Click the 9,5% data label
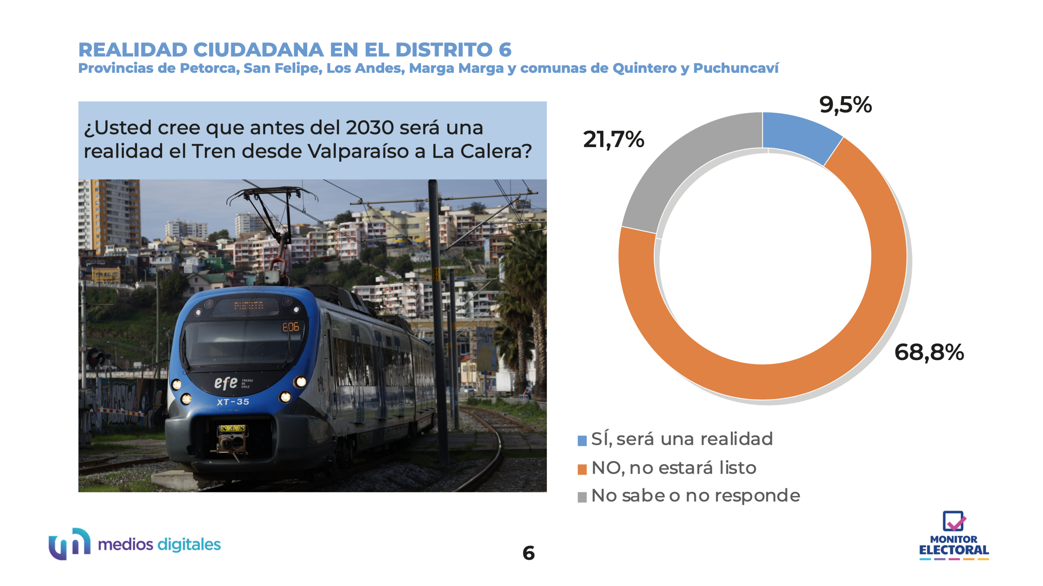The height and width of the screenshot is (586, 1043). pyautogui.click(x=845, y=105)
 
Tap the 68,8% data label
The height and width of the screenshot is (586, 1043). pyautogui.click(x=929, y=352)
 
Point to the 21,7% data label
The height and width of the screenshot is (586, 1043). pyautogui.click(x=614, y=140)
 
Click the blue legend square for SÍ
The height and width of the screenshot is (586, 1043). pyautogui.click(x=582, y=441)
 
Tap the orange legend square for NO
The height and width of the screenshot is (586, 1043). pyautogui.click(x=582, y=469)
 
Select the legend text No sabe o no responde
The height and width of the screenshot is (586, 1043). pyautogui.click(x=695, y=496)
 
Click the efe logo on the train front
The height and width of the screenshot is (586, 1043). pyautogui.click(x=226, y=383)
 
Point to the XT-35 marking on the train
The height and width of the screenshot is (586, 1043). pyautogui.click(x=233, y=402)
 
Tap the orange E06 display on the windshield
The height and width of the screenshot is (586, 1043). pyautogui.click(x=290, y=327)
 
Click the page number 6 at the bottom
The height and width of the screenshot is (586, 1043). pyautogui.click(x=528, y=553)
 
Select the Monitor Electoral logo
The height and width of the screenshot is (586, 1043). pyautogui.click(x=954, y=536)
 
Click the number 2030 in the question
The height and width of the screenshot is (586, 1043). pyautogui.click(x=370, y=128)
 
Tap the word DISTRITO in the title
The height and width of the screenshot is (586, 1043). pyautogui.click(x=444, y=50)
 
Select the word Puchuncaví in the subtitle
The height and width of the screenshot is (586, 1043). pyautogui.click(x=735, y=68)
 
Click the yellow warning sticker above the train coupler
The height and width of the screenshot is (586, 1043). pyautogui.click(x=232, y=428)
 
